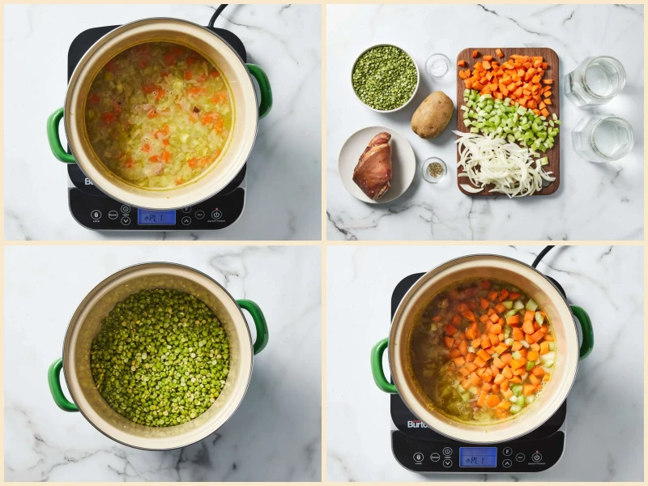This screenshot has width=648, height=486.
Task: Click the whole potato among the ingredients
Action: [x=432, y=114]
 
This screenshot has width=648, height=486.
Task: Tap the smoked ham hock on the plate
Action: [x=373, y=165]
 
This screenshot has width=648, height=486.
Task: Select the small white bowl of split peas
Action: [x=385, y=78]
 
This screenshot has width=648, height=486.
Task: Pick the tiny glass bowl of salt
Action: [x=438, y=66]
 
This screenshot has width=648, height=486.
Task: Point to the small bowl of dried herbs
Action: [x=434, y=169]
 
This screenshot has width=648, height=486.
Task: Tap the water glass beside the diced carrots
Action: [x=595, y=80]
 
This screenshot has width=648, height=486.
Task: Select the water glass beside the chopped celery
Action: [x=603, y=138]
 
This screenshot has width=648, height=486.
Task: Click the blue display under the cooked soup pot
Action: [x=156, y=216]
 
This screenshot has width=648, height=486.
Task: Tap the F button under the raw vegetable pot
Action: [x=507, y=451]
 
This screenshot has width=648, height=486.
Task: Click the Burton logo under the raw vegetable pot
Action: [x=418, y=424]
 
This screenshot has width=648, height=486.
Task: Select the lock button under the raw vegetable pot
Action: [x=419, y=458]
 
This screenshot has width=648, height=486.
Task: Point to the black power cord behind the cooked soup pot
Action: [x=217, y=14]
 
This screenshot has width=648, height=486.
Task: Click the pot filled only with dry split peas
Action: [x=159, y=357]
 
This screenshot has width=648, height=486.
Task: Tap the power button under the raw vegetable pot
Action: [x=536, y=456]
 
